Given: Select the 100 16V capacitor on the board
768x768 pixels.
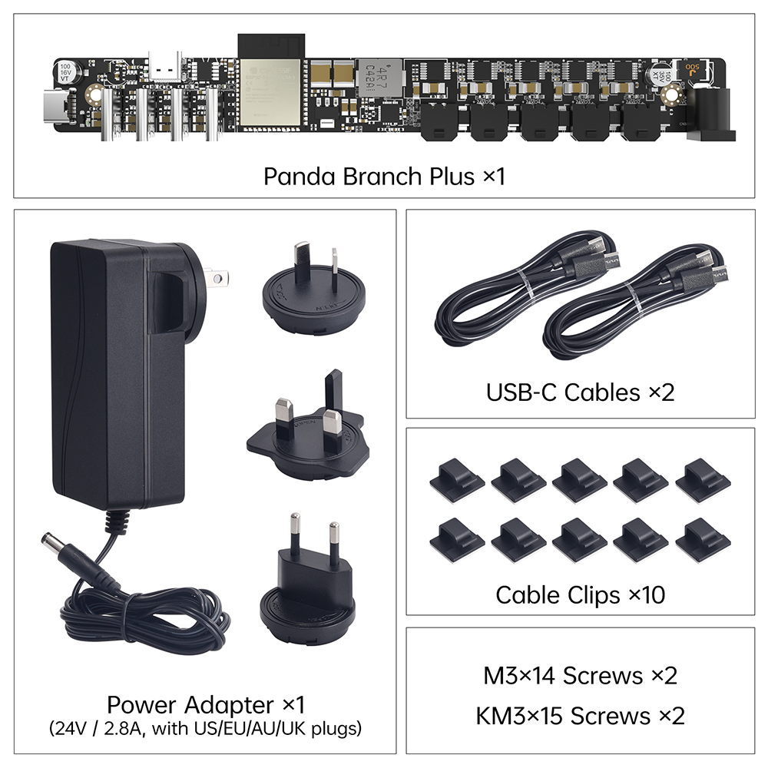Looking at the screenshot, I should pyautogui.click(x=65, y=73).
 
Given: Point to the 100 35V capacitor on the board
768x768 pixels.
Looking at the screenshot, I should pyautogui.click(x=660, y=75).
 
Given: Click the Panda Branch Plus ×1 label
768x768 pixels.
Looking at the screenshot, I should pyautogui.click(x=384, y=176).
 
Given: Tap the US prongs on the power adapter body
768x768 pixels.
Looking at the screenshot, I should pyautogui.click(x=215, y=276).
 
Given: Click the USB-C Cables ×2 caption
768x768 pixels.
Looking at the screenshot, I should pyautogui.click(x=580, y=392).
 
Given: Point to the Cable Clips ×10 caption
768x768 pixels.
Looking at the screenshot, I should pyautogui.click(x=580, y=594).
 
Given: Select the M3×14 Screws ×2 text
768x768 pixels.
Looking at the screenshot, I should pyautogui.click(x=580, y=676).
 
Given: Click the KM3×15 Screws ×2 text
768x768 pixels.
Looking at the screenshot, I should pyautogui.click(x=580, y=716).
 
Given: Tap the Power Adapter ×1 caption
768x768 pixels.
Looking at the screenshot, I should pyautogui.click(x=206, y=704).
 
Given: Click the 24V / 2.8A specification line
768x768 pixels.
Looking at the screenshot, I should pyautogui.click(x=206, y=727).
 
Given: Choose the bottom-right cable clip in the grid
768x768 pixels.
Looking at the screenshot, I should pyautogui.click(x=703, y=541).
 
